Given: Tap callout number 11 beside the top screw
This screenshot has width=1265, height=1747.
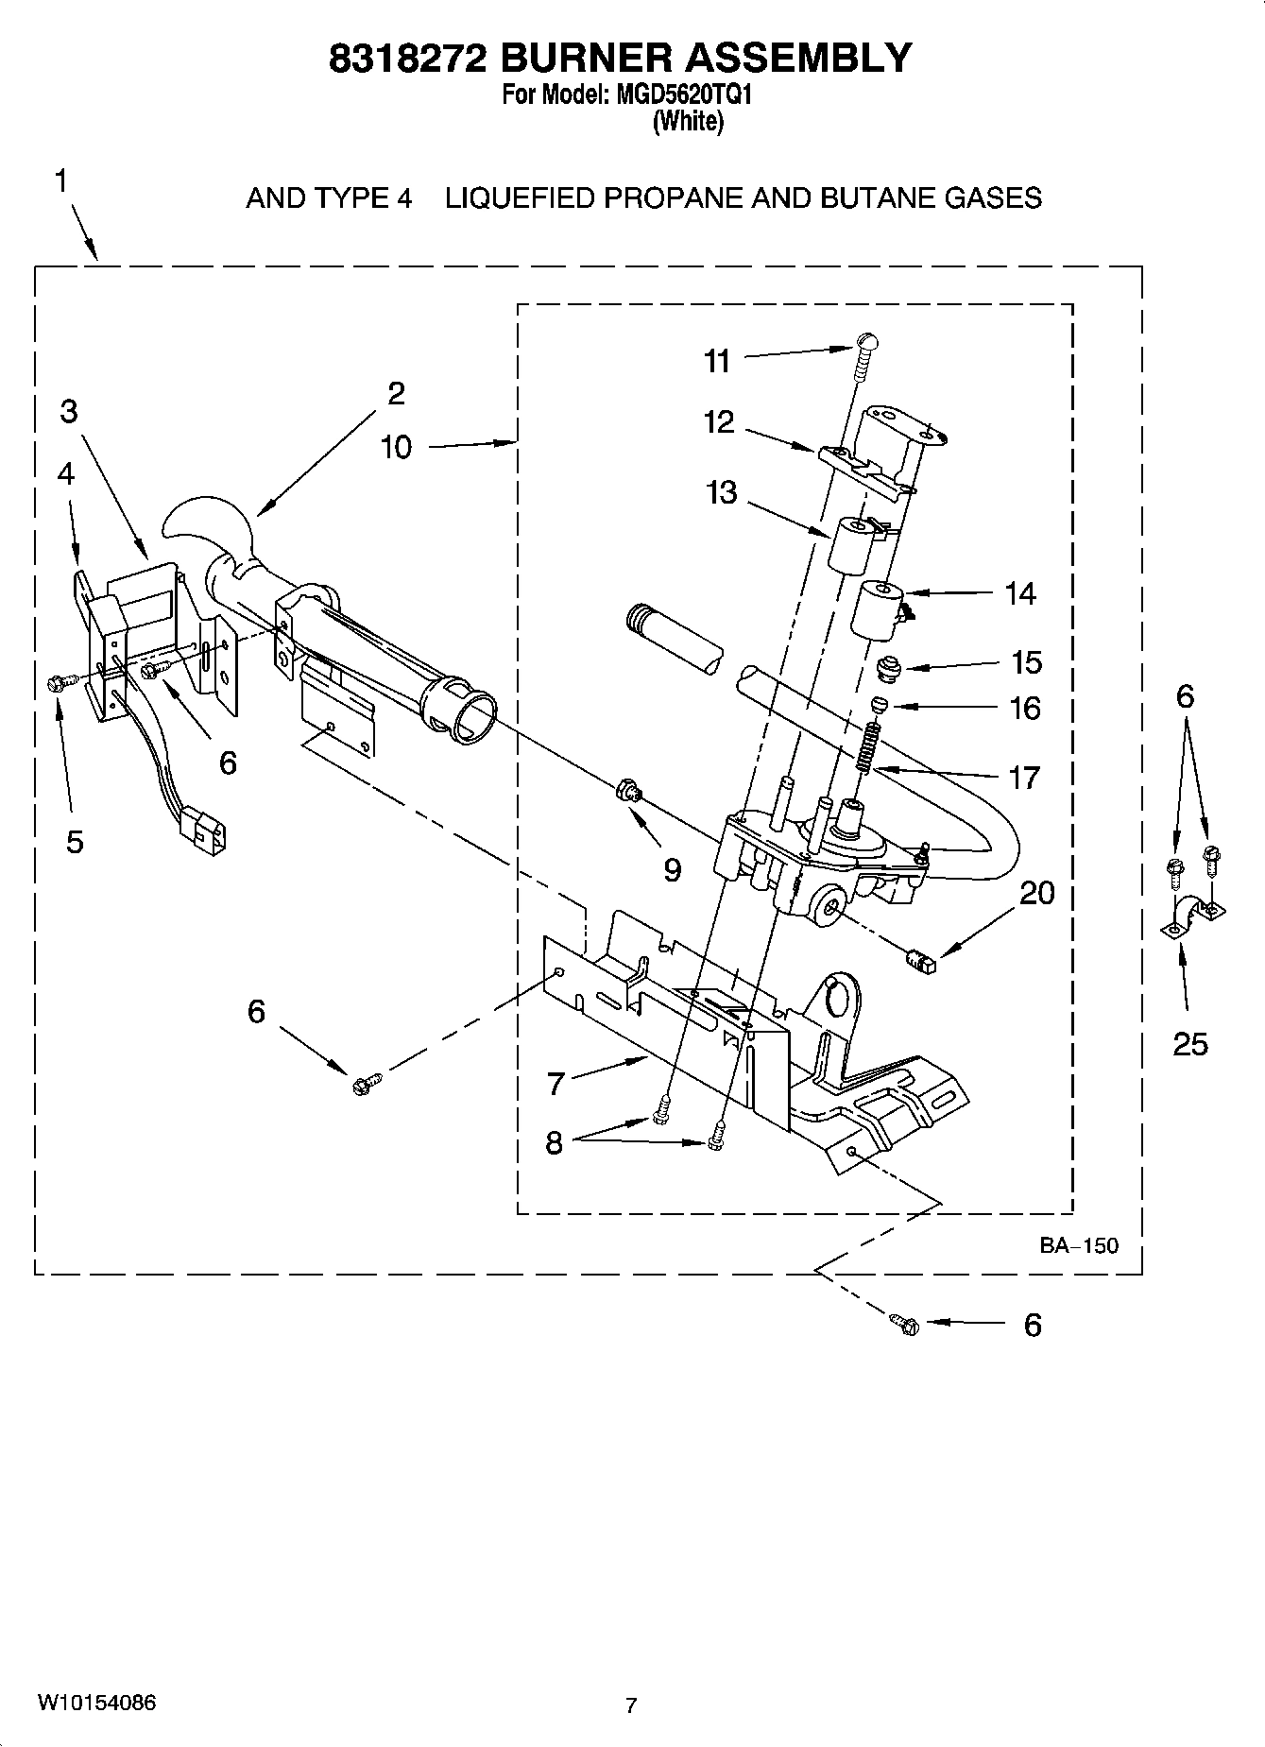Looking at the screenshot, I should (x=717, y=361).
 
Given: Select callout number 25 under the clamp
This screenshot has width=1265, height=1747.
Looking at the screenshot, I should (x=1189, y=1043).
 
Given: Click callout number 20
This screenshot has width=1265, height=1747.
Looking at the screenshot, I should (x=1036, y=892).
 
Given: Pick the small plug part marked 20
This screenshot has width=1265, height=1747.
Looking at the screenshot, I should (x=918, y=962).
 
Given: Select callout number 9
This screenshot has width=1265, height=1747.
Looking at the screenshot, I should (x=672, y=869).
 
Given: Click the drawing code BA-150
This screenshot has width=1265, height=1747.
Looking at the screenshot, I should (x=1079, y=1245).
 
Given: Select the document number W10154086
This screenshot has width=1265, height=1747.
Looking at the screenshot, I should (x=96, y=1703).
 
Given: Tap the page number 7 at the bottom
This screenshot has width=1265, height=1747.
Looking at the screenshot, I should (x=631, y=1705).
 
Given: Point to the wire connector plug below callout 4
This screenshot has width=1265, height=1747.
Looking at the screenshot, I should (x=205, y=831).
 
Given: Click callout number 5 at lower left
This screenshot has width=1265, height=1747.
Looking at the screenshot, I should (x=75, y=841).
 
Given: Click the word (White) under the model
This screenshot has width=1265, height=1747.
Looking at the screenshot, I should (x=688, y=121).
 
